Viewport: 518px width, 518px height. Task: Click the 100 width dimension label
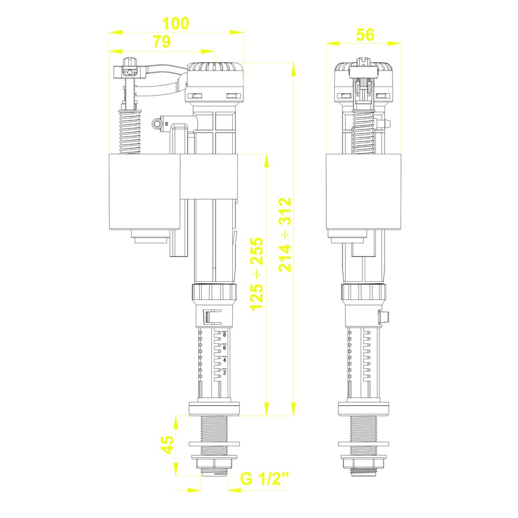(176, 23)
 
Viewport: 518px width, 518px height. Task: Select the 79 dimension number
(161, 41)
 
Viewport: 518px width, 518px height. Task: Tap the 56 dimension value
(365, 35)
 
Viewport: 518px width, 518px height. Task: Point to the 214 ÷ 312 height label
(285, 235)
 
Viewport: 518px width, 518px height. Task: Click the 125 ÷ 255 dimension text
(257, 274)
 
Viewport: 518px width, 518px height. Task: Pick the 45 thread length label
(167, 444)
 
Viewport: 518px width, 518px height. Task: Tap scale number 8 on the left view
(225, 335)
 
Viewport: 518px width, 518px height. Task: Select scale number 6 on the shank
(225, 348)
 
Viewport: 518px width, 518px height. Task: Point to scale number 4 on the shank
(225, 360)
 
